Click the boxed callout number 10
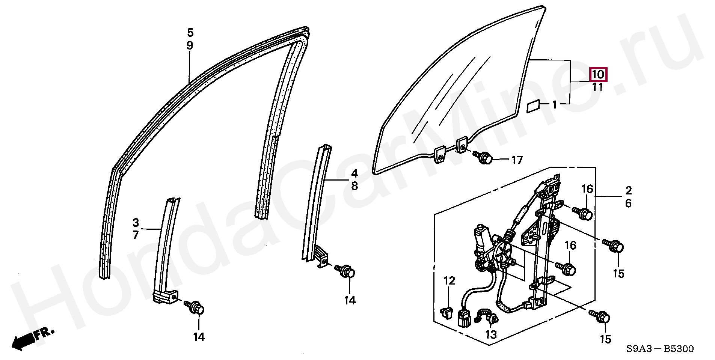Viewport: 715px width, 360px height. (x=598, y=74)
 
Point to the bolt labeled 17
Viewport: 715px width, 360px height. (x=484, y=158)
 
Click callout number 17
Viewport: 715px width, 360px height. (x=517, y=160)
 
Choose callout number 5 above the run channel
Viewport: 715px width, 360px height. (x=190, y=33)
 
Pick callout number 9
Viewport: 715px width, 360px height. (x=190, y=46)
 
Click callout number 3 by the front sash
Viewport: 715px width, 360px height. (x=136, y=222)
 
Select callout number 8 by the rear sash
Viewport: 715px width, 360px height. (x=354, y=186)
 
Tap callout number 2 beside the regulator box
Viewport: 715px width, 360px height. (x=628, y=190)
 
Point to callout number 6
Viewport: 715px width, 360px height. (x=628, y=203)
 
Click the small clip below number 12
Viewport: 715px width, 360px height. (x=445, y=311)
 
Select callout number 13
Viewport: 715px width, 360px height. (x=491, y=334)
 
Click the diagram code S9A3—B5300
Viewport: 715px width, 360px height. (x=660, y=349)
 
